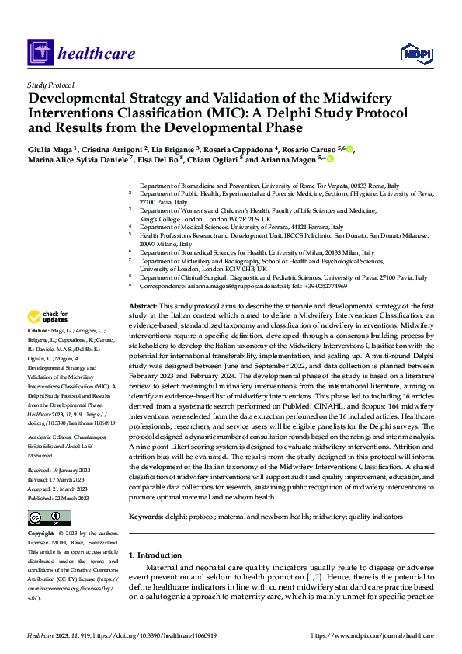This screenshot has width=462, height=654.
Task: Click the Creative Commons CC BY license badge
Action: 49,496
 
